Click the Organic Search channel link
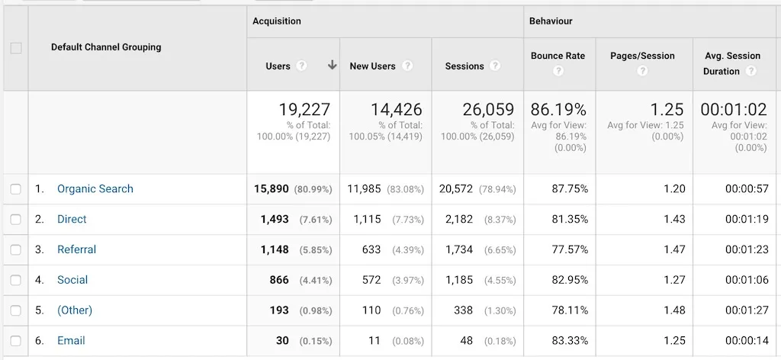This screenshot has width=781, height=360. click(x=95, y=189)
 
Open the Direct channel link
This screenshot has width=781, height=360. click(x=72, y=220)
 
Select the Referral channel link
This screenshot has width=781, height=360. click(x=76, y=250)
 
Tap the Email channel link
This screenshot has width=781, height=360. click(x=71, y=341)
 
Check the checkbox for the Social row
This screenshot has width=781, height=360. click(x=16, y=281)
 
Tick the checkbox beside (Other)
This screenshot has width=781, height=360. click(x=16, y=310)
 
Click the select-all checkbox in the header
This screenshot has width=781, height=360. click(x=16, y=48)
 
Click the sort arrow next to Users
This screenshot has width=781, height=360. click(x=332, y=66)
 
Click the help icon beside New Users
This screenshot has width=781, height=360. click(x=407, y=66)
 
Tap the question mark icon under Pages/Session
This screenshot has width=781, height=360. click(x=642, y=71)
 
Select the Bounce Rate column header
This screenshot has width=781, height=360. click(x=558, y=56)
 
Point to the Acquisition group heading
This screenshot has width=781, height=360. click(x=277, y=21)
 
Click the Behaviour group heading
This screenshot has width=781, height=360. click(x=551, y=21)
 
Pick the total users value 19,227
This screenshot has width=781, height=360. click(x=304, y=110)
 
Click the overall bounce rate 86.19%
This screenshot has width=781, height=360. click(x=558, y=110)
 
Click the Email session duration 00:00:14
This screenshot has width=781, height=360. click(x=747, y=341)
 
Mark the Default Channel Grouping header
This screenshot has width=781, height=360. click(x=106, y=47)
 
